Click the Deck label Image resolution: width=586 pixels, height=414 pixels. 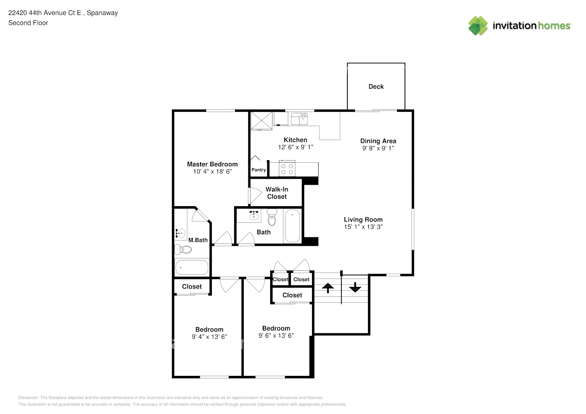pos(376,87)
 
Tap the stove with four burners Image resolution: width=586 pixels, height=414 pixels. pos(287,168)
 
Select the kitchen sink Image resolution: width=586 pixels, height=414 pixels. pos(299,119)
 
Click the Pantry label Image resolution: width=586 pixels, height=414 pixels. pos(259,170)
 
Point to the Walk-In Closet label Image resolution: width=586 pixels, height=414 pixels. pos(277,193)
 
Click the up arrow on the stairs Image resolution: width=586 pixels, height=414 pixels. pos(328,288)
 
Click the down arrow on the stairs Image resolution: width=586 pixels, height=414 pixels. pos(355,287)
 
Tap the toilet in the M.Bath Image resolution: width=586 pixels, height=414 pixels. pos(183,250)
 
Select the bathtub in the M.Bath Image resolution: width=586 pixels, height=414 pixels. pos(192,267)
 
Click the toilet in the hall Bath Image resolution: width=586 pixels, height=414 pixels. pos(272,217)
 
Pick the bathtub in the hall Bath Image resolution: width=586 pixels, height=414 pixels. pos(292,226)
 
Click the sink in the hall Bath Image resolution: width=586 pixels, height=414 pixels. pos(254,216)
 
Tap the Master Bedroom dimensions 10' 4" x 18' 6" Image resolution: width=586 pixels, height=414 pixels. pos(213,171)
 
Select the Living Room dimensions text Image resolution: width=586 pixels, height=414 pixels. pos(363,227)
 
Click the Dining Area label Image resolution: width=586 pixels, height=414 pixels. pos(378,141)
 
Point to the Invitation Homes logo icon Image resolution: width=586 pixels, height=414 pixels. pos(478,26)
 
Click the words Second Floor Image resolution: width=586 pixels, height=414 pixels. pos(28,23)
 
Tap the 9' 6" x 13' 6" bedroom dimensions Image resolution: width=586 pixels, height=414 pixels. pos(276,336)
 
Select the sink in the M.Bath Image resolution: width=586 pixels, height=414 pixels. pos(180,233)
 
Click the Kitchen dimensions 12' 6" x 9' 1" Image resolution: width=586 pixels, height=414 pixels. pos(295,147)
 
